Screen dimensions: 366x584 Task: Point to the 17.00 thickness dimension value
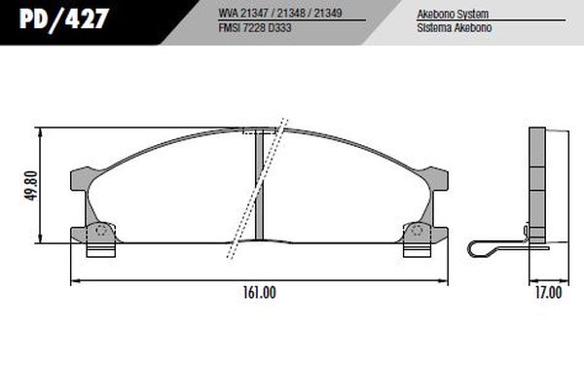548,291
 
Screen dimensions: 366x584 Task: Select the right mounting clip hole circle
418,232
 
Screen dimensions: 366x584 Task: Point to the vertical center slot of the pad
260,185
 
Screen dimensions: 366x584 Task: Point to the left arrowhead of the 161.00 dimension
76,281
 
